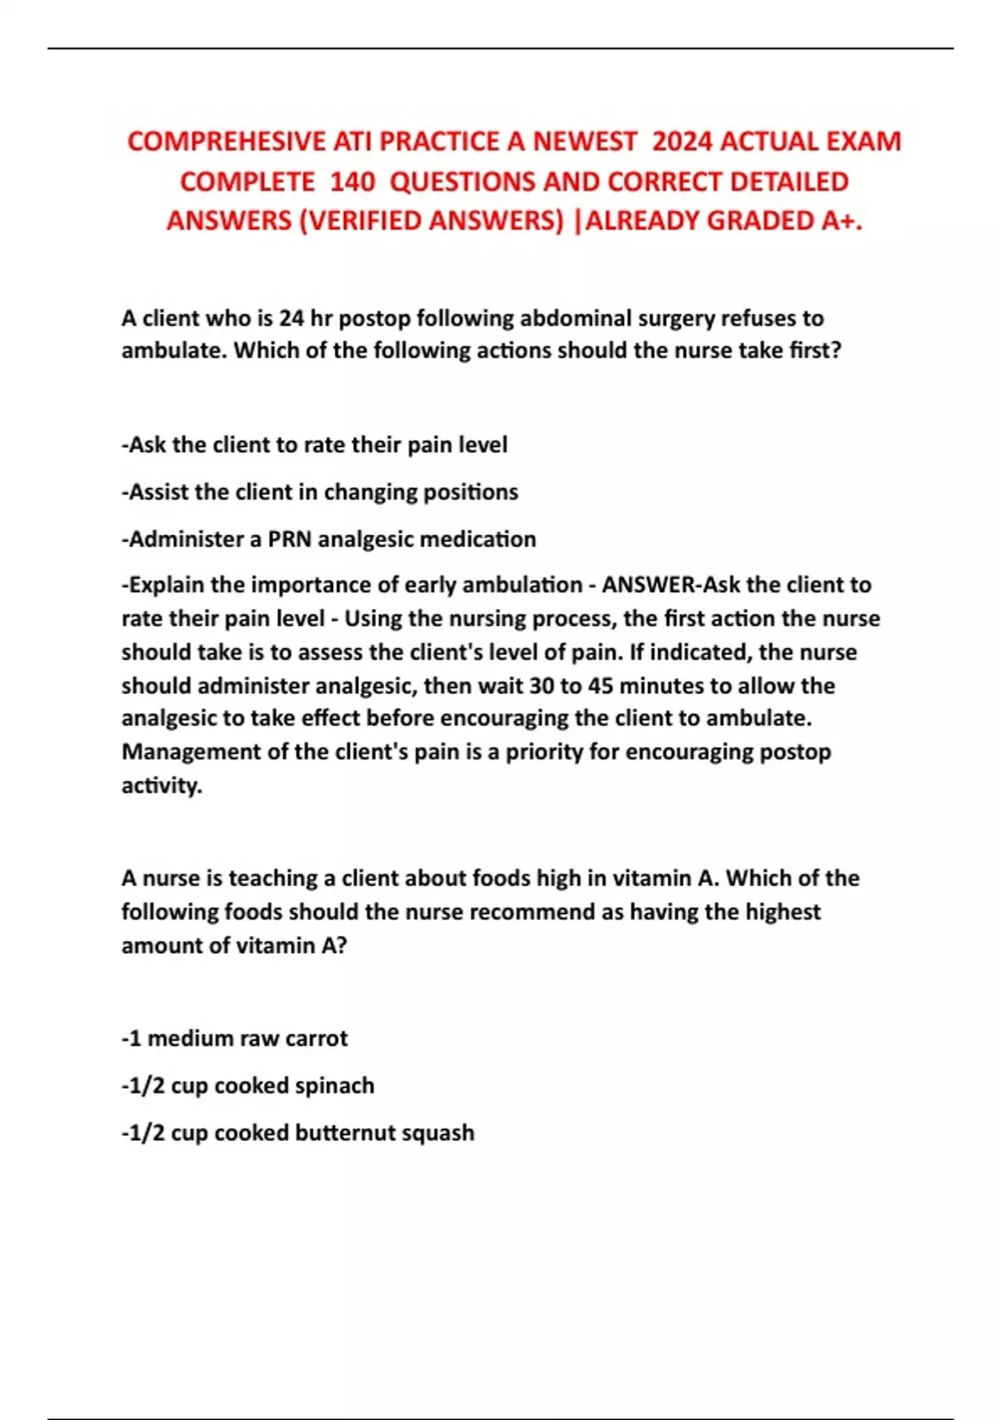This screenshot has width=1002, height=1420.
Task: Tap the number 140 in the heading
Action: [x=352, y=181]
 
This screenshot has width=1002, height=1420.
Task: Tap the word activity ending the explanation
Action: [x=161, y=785]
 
